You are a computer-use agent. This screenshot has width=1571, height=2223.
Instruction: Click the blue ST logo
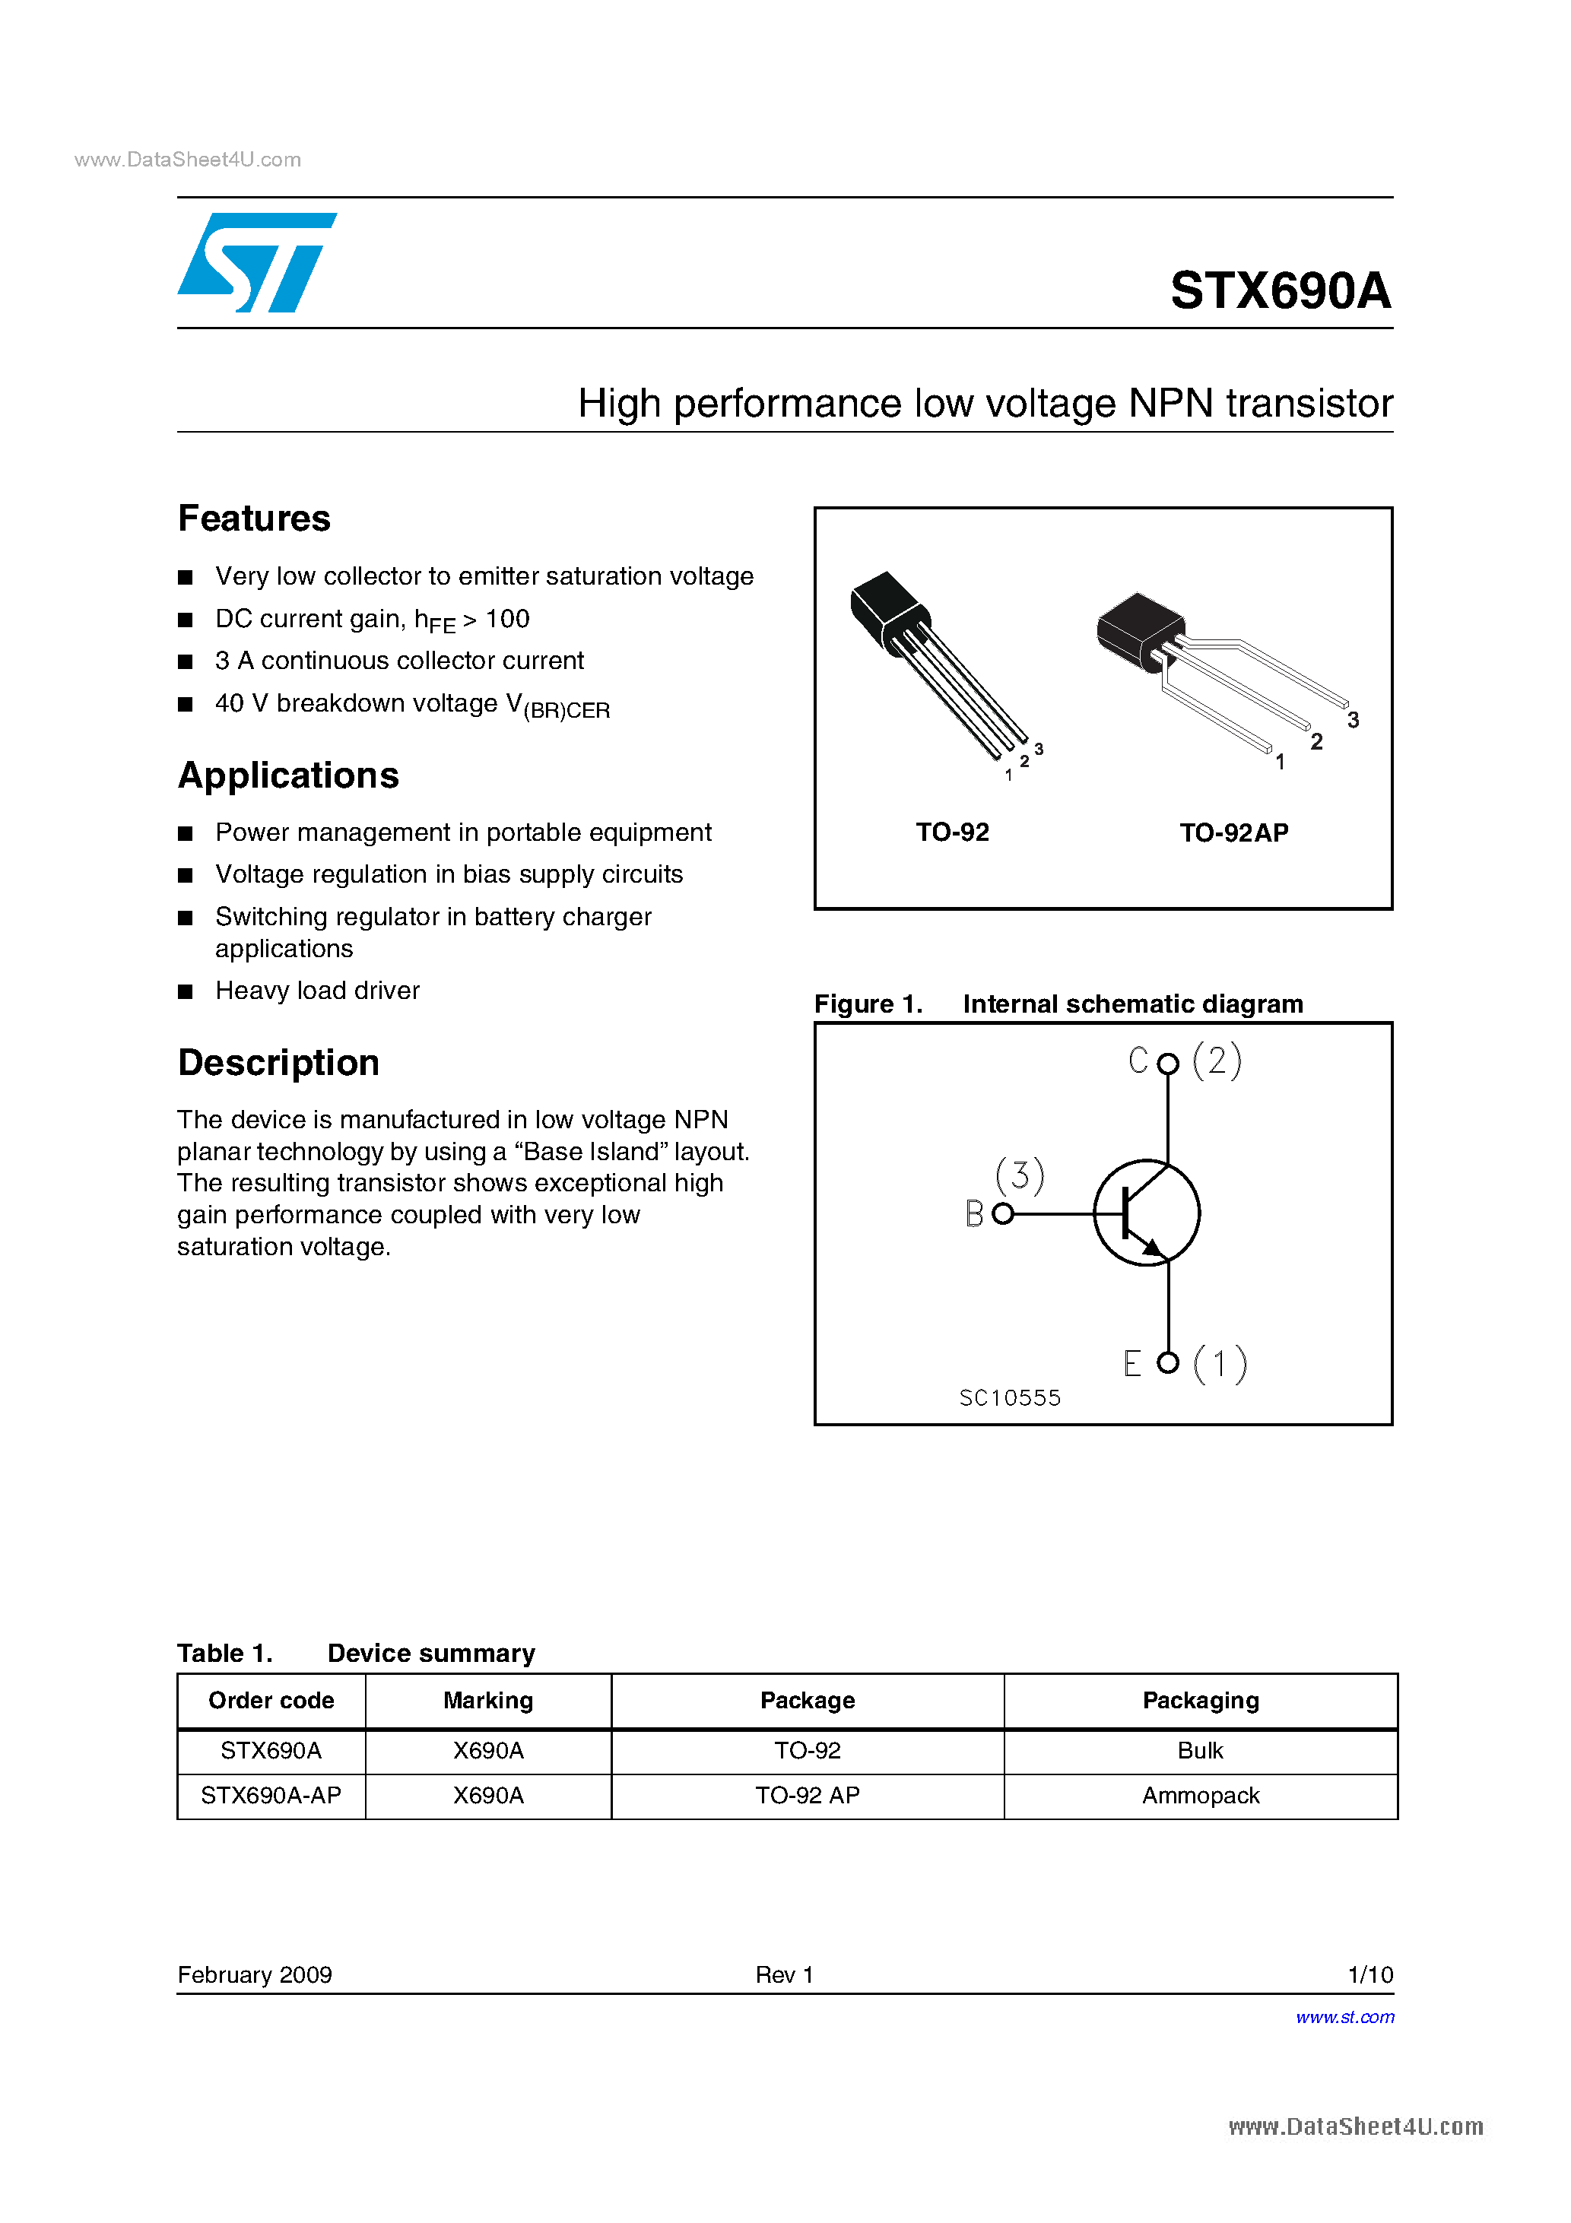[257, 262]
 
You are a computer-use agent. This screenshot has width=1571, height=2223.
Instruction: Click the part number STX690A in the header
[1280, 290]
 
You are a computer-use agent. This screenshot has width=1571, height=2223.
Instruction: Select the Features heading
[254, 519]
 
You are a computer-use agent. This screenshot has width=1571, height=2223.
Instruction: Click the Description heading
[278, 1063]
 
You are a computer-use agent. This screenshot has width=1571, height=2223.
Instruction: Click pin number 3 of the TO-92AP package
[1352, 720]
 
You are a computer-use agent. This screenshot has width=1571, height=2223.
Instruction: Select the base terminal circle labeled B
[1004, 1214]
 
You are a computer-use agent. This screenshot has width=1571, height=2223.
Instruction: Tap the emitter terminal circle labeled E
[1168, 1363]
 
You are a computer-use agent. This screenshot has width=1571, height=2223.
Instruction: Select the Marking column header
[488, 1701]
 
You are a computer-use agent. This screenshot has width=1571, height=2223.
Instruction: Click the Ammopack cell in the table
[1200, 1796]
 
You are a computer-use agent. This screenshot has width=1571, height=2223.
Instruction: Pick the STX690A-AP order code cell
[271, 1796]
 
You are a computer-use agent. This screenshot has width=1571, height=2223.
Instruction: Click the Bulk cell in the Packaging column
[1200, 1751]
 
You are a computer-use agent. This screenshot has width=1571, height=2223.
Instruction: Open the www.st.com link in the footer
[1344, 2018]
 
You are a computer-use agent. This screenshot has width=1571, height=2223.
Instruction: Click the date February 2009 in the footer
[255, 1975]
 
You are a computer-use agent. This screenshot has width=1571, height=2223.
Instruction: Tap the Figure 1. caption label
[868, 1004]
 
